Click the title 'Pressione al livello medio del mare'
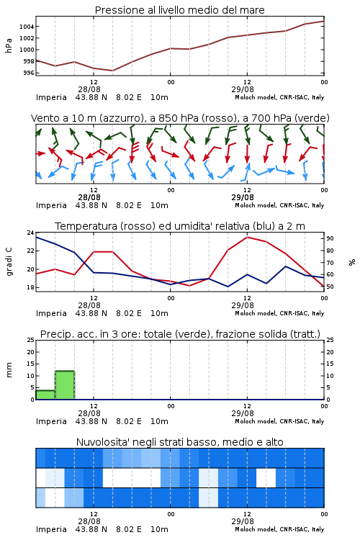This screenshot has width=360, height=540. point(179,10)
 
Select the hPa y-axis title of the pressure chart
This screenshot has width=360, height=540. point(9,45)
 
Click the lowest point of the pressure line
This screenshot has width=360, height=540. point(112,71)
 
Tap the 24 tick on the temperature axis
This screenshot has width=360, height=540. point(31,233)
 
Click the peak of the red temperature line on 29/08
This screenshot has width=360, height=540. point(248,237)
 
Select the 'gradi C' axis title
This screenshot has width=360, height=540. point(9,262)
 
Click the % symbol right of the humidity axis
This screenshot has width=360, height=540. point(352,262)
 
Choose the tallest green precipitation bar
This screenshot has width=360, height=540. point(65,385)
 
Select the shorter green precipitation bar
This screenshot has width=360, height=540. point(45,395)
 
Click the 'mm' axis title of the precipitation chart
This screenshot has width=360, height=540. point(9,370)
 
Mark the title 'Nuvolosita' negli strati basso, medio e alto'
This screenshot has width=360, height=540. point(179,442)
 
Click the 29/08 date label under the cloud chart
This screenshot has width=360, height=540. point(243,521)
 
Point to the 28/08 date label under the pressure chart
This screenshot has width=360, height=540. point(89,89)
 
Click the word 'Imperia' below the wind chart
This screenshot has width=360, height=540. point(51,206)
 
